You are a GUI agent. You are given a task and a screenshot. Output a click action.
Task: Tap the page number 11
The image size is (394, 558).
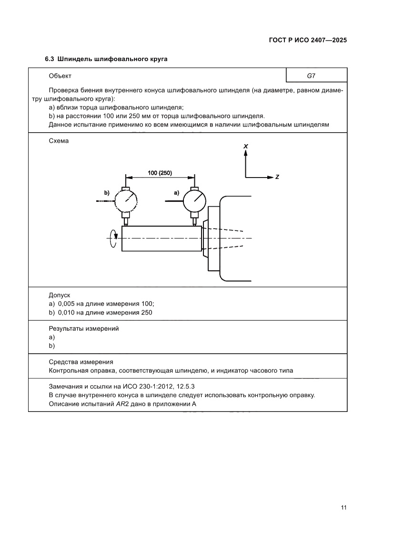(x=343, y=507)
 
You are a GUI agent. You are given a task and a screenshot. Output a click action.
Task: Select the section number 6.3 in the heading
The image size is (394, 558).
(x=50, y=59)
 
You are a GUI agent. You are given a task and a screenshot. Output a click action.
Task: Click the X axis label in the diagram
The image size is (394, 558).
(x=245, y=146)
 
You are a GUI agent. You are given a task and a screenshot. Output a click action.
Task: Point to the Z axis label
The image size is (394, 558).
(x=277, y=177)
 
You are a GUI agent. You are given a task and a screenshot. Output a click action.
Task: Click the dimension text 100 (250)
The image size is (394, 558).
(x=160, y=172)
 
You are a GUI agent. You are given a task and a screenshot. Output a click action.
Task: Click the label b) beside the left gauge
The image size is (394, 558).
(x=107, y=193)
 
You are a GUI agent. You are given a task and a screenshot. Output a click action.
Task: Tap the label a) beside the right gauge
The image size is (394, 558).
(x=176, y=193)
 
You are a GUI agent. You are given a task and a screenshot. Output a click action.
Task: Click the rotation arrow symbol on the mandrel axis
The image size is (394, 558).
(x=113, y=238)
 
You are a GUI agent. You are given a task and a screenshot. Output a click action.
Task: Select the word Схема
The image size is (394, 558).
(x=59, y=141)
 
